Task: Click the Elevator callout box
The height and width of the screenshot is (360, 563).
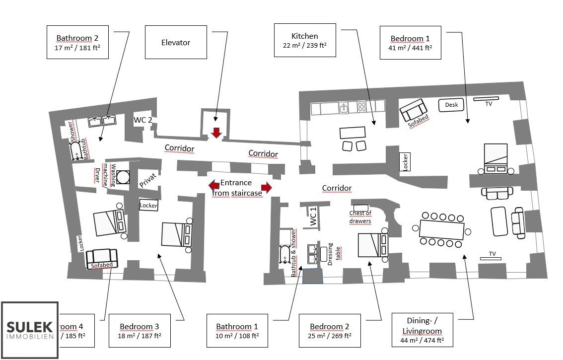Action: (x=176, y=43)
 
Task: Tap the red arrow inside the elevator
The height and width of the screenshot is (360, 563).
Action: (x=216, y=133)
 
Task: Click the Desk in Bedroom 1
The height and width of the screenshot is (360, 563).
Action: (x=451, y=105)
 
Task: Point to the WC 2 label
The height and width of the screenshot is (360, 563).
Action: (x=143, y=120)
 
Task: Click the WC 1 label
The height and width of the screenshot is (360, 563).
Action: (x=313, y=217)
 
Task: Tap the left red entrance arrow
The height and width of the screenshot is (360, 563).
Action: (x=214, y=186)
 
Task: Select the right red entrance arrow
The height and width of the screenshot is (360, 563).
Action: (x=267, y=187)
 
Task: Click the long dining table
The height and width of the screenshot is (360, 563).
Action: (x=441, y=229)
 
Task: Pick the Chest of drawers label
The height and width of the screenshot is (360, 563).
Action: (x=360, y=217)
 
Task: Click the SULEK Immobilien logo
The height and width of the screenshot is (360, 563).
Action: (x=30, y=330)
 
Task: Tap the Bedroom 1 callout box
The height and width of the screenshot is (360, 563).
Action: (x=410, y=43)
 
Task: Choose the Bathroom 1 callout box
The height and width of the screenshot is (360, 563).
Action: (x=237, y=331)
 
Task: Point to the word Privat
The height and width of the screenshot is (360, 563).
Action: (x=147, y=180)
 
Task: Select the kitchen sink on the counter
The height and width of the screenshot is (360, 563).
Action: (x=344, y=107)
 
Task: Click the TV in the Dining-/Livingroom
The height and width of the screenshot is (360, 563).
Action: (x=490, y=258)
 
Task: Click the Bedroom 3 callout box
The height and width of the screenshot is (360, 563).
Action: (x=140, y=331)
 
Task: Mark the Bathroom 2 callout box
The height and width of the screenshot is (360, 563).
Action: (x=77, y=43)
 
